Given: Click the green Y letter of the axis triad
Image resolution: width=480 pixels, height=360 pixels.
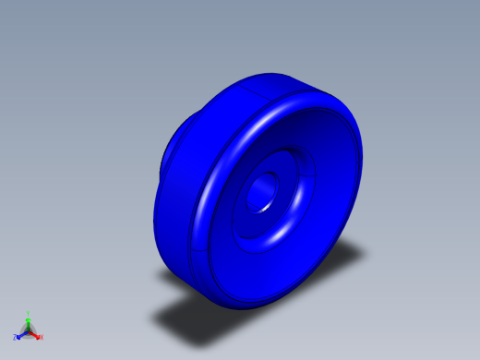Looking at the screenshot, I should point(29,314).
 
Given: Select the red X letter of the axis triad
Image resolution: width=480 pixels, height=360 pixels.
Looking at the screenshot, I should point(41,337).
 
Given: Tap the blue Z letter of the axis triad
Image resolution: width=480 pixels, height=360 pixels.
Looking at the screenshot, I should point(15,338).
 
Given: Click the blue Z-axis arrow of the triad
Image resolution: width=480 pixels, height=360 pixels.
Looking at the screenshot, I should point(21,334).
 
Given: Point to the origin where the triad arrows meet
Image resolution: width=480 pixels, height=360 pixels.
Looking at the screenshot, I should point(29,330).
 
